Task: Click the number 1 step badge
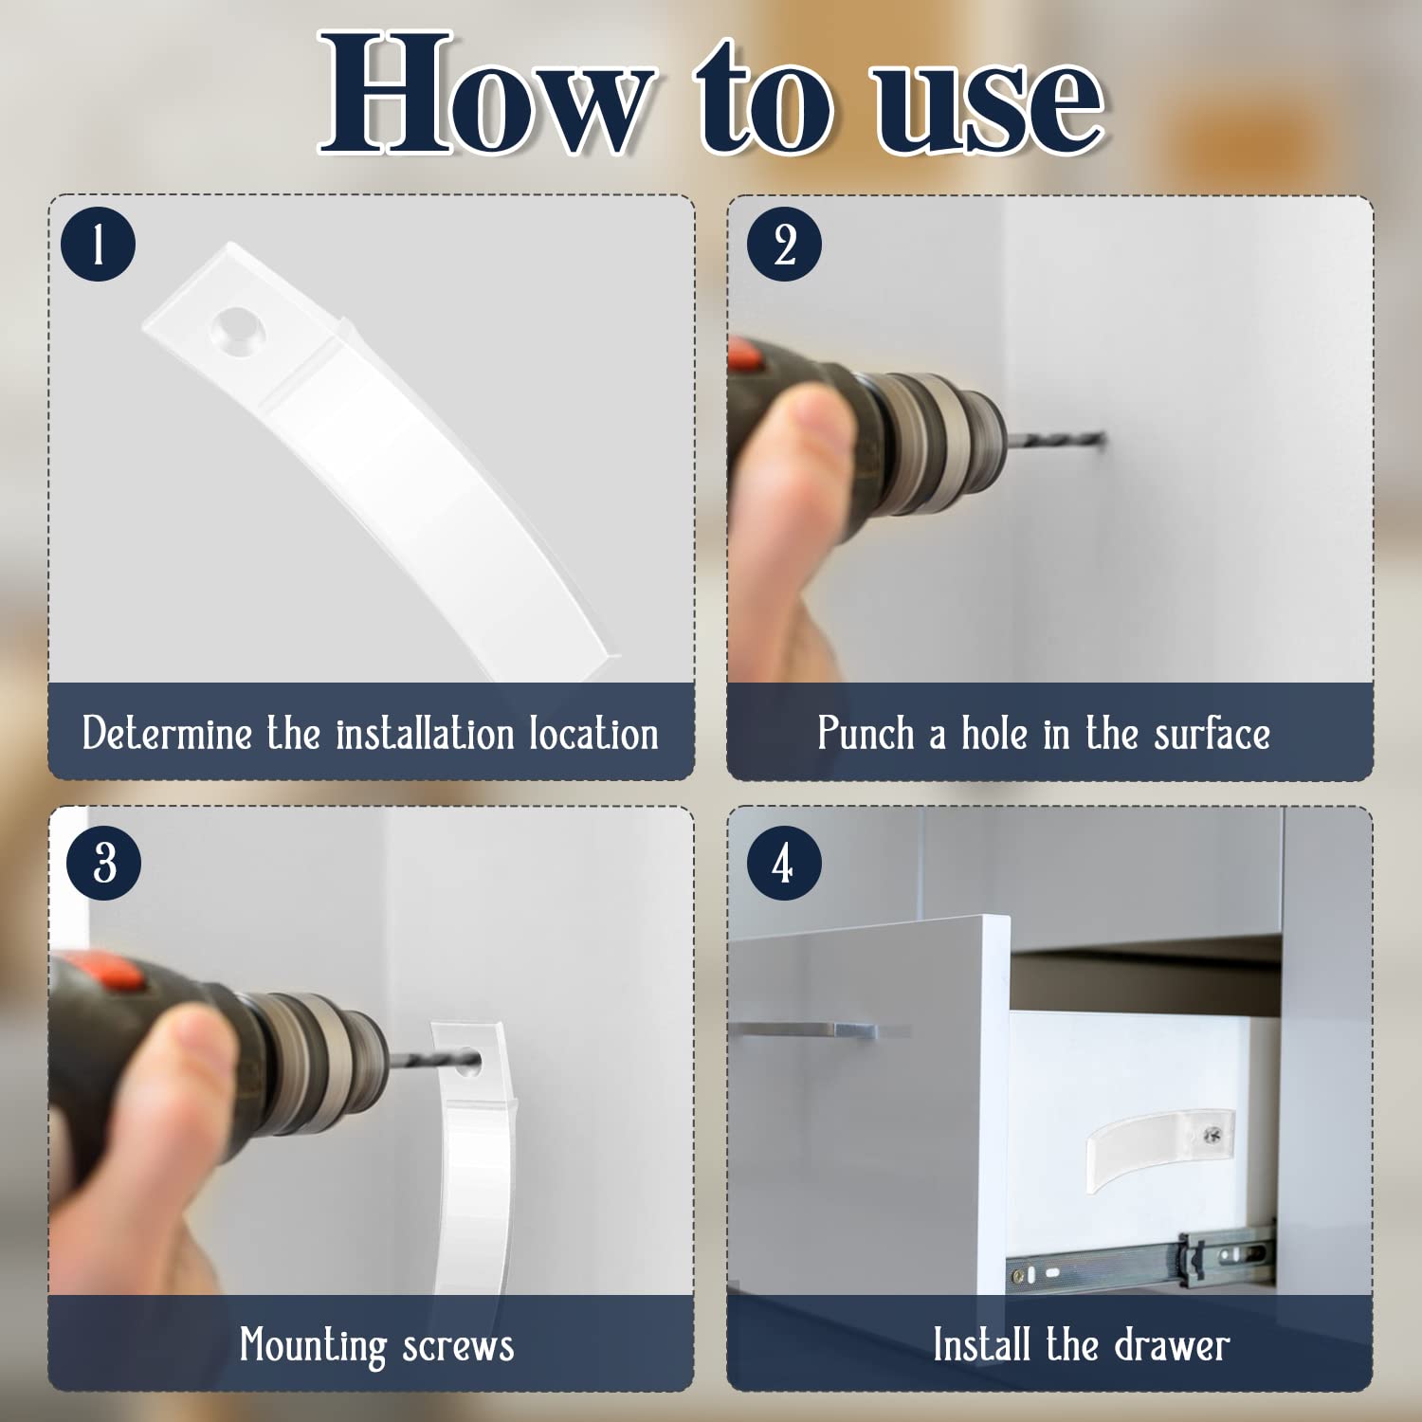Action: pos(99,244)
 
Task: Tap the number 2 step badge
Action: pos(784,244)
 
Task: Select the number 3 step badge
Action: pos(104,863)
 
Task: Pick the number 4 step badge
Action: pos(784,863)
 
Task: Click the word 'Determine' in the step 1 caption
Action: pos(167,733)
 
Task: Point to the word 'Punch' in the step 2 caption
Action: pos(866,733)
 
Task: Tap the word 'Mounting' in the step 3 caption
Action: pos(313,1346)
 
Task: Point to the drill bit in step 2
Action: pos(1055,440)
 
